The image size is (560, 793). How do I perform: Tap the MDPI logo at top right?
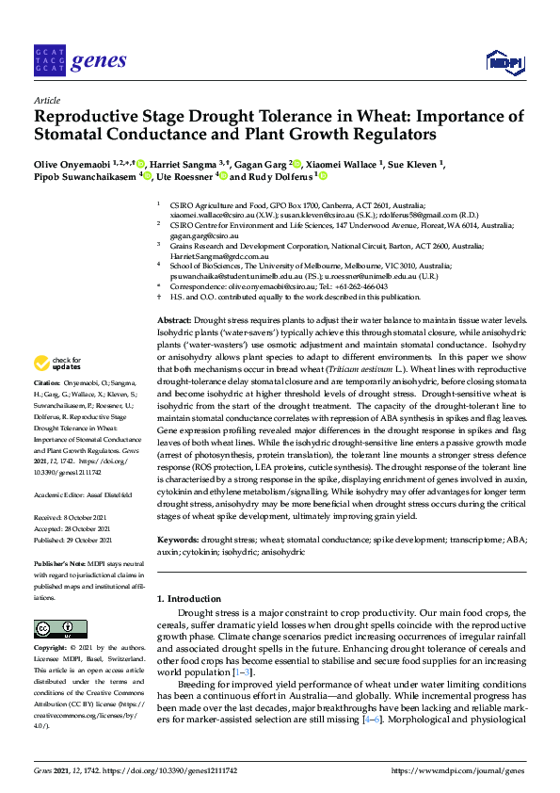504,62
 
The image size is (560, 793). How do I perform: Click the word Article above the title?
47,99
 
